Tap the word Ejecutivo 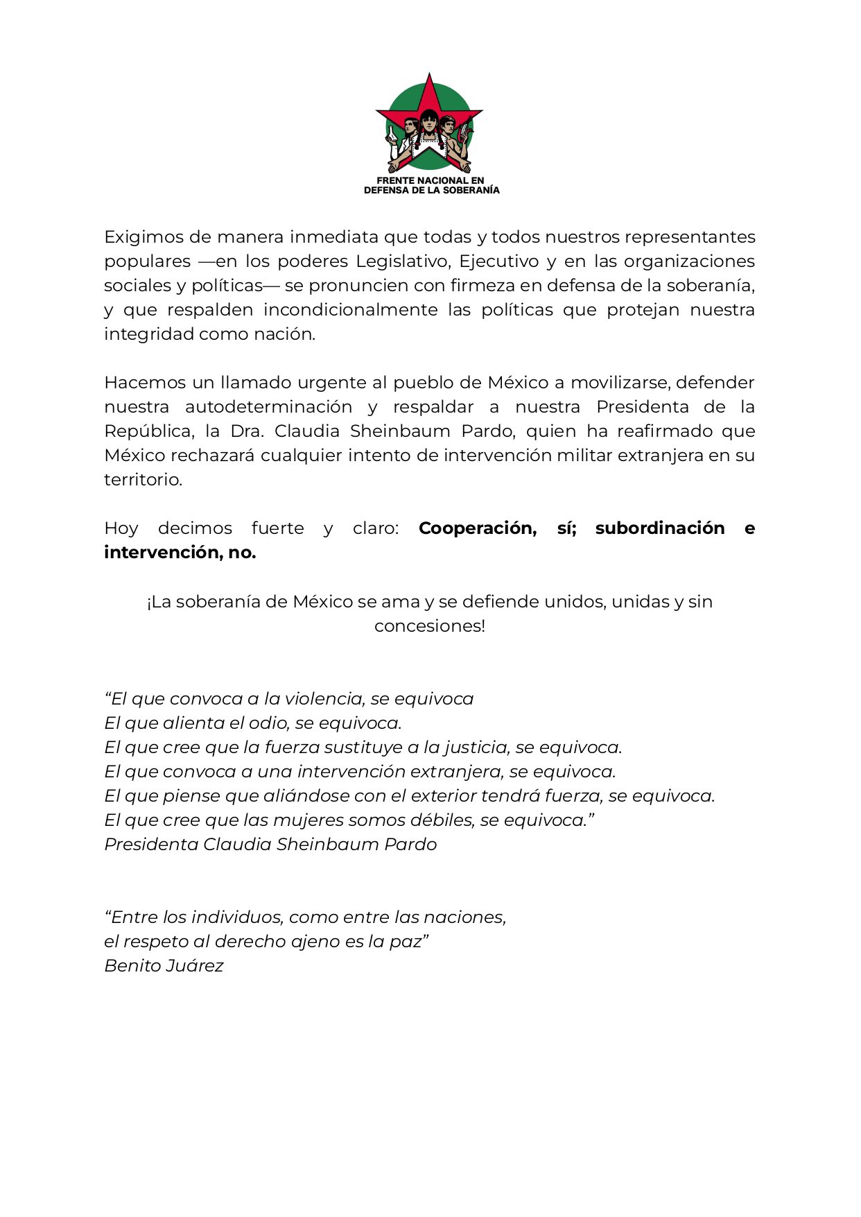tap(498, 261)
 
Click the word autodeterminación tap(268, 407)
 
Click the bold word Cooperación tap(477, 528)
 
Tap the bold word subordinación tap(659, 528)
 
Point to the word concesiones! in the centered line tap(430, 626)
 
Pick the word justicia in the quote tap(475, 748)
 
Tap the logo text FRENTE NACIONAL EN tap(430, 180)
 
